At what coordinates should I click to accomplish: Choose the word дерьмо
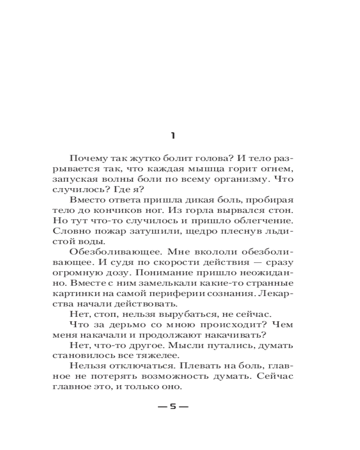123,324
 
